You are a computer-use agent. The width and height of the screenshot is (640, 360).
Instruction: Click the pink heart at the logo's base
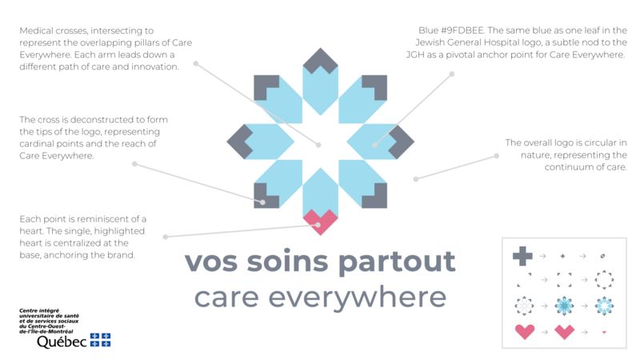[x=321, y=222]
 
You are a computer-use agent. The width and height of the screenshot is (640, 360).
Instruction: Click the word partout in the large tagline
[x=397, y=262]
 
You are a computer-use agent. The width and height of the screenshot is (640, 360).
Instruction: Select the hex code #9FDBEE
[x=462, y=30]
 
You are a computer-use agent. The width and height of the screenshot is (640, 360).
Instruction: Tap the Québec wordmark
[x=62, y=342]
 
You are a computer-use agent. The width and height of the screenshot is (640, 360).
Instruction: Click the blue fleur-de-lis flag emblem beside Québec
[x=101, y=340]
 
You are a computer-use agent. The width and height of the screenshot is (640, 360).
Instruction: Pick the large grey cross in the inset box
[x=522, y=256]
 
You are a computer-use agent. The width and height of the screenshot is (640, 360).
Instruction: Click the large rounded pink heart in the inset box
[x=525, y=331]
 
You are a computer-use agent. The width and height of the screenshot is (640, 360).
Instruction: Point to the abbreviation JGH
[x=415, y=54]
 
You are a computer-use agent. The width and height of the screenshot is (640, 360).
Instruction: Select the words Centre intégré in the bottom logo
[x=39, y=311]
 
